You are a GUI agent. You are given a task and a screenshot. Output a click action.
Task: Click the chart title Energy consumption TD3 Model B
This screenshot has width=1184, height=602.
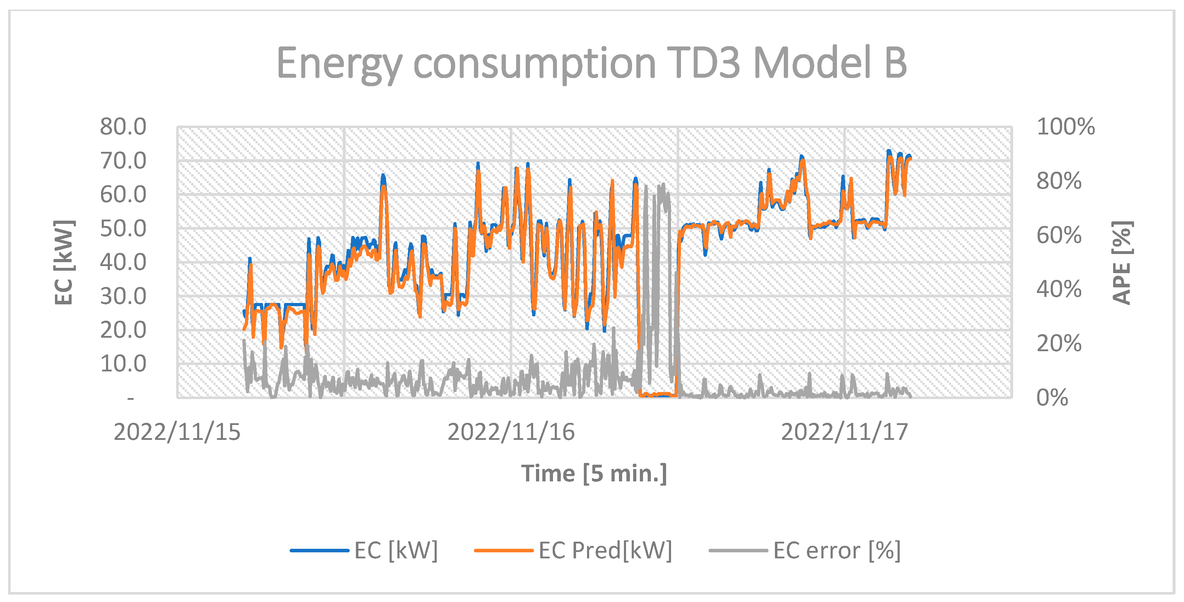[x=592, y=63]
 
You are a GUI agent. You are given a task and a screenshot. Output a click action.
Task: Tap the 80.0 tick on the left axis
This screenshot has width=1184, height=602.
[x=123, y=127]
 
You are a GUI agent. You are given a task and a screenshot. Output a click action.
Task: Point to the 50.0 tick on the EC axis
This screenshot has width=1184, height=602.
[x=123, y=228]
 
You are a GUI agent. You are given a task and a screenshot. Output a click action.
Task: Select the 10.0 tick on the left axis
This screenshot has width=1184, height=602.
[x=123, y=364]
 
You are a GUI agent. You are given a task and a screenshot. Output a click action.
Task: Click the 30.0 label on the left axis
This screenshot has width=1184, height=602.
[x=123, y=296]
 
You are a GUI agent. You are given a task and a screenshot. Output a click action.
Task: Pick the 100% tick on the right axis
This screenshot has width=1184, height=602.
[x=1065, y=127]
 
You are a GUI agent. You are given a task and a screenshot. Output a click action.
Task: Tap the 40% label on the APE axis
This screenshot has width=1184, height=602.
[x=1059, y=289]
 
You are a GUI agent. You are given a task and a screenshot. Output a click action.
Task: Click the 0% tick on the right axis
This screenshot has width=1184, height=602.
[x=1052, y=398]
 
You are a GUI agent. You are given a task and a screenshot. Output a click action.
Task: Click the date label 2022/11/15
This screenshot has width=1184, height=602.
[x=177, y=432]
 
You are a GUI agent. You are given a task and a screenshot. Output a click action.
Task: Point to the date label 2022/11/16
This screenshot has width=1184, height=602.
[x=511, y=432]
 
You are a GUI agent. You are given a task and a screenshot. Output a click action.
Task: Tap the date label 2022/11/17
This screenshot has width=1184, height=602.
[x=844, y=432]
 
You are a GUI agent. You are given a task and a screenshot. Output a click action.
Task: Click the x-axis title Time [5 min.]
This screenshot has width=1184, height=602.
[x=593, y=473]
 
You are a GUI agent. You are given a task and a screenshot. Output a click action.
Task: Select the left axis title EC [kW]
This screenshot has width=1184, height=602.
[x=63, y=262]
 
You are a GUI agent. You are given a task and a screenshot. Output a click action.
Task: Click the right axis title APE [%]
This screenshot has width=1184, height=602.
[x=1122, y=262]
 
